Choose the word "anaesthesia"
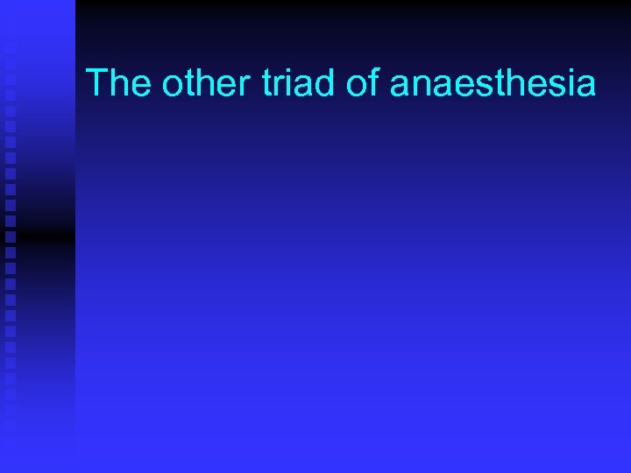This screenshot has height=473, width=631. coord(493,83)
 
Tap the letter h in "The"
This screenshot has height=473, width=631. coord(120,83)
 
